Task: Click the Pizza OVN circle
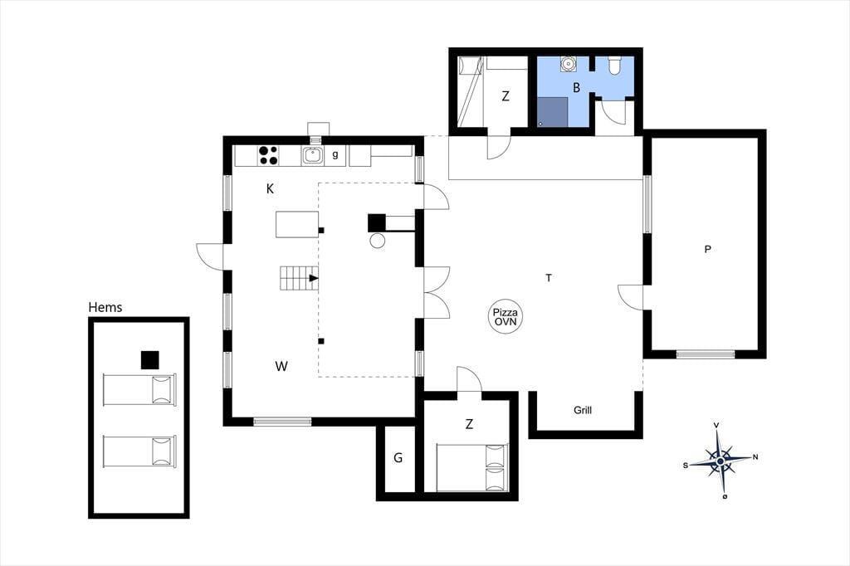(506, 317)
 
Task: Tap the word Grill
(583, 411)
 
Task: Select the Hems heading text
(105, 307)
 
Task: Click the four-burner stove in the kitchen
(268, 155)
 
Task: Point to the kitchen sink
(313, 155)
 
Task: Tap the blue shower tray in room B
(553, 112)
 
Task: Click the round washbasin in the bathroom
(568, 63)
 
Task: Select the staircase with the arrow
(299, 278)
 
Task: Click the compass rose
(720, 461)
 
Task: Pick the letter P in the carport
(707, 249)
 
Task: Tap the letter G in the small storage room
(398, 458)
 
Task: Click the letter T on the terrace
(549, 278)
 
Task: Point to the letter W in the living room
(281, 367)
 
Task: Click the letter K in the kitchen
(270, 188)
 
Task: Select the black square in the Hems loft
(150, 360)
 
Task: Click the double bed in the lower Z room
(472, 468)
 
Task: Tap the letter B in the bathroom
(576, 87)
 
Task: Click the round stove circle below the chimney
(378, 241)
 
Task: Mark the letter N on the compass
(755, 457)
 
